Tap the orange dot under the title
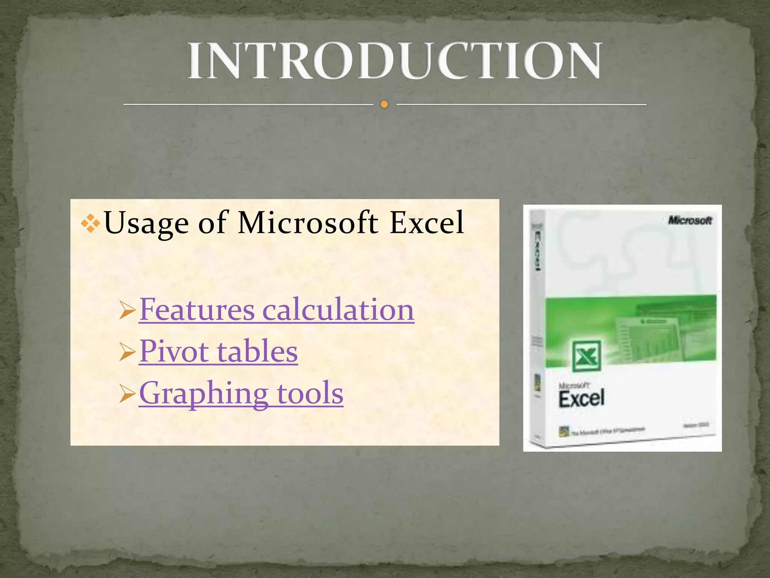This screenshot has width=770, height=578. point(384,104)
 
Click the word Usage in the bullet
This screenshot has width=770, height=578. point(146,223)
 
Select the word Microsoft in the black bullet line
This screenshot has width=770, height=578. point(308,222)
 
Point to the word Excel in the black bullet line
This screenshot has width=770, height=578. point(427,222)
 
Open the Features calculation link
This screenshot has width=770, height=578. point(276,310)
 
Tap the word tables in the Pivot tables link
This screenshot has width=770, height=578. point(257,351)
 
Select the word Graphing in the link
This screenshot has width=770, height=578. point(203,394)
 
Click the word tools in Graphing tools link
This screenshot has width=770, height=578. point(310,393)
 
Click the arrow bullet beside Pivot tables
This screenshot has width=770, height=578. point(127,353)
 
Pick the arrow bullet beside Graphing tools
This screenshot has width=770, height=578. point(127,395)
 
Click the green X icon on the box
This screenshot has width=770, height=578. point(586,356)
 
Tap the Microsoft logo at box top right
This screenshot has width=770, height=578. point(690,220)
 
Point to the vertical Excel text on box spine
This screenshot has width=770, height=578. point(538,250)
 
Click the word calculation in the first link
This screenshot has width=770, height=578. point(338,310)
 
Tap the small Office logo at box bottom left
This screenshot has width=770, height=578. point(564,431)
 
